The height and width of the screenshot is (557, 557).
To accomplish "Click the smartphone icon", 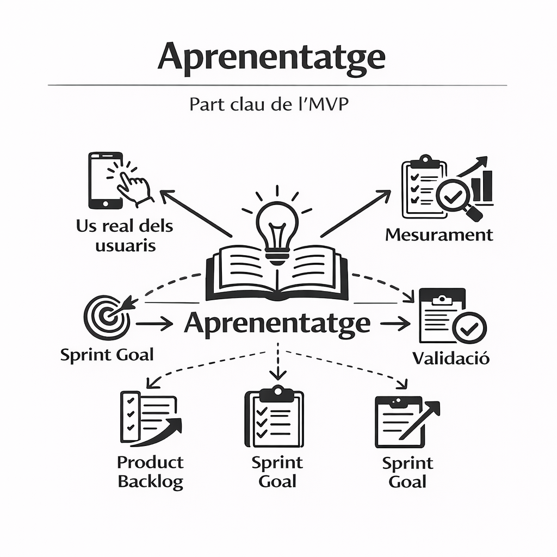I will tap(105, 180).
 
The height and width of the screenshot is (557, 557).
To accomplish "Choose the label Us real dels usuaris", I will tap(125, 236).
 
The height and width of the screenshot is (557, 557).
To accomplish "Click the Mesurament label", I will tap(438, 235).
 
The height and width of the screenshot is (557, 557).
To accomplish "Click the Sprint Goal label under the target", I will tap(107, 355).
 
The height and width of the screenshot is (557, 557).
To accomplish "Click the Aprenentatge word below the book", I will tap(277, 324).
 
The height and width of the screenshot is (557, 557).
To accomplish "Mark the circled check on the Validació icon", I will tap(469, 327).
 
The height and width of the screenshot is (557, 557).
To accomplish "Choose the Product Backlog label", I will tap(151, 472).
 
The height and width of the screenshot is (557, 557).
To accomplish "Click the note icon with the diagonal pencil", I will tap(405, 421).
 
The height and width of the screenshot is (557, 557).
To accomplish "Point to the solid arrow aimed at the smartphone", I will tap(196, 213).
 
